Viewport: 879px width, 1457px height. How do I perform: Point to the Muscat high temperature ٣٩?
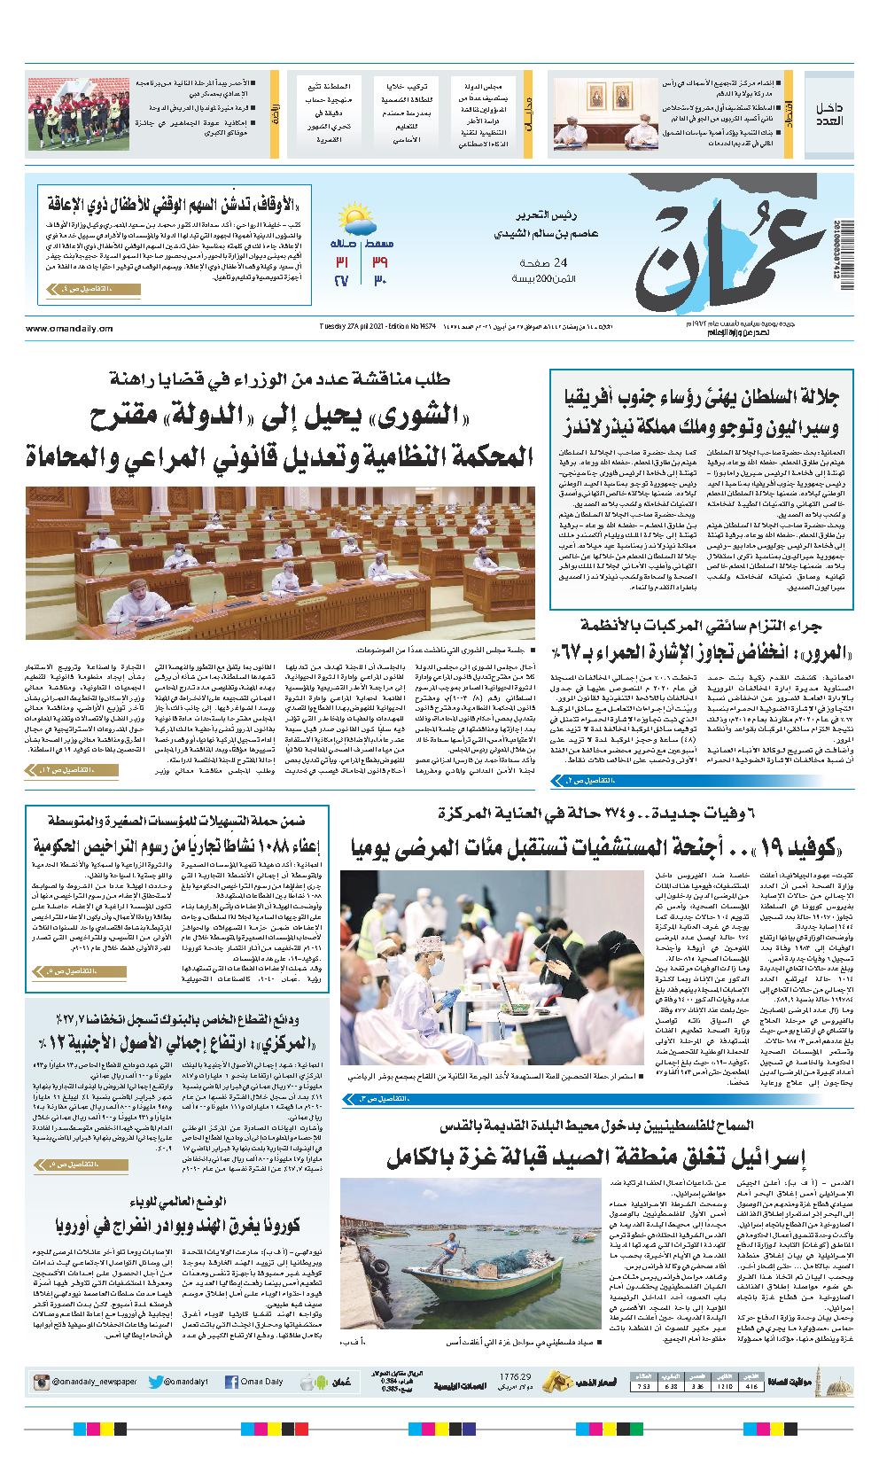[381, 263]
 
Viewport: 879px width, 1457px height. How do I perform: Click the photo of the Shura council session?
[280, 563]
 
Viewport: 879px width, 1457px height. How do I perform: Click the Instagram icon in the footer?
[42, 1382]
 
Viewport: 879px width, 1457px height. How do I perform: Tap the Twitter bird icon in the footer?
[156, 1382]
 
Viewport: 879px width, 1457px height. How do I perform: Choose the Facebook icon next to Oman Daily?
[232, 1382]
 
